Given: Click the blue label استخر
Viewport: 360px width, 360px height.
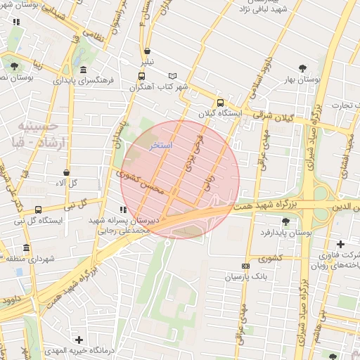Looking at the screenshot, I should coord(162,145).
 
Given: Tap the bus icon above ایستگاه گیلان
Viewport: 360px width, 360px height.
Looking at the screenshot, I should coord(220,102).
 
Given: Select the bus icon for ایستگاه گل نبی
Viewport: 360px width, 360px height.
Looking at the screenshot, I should coord(38,209).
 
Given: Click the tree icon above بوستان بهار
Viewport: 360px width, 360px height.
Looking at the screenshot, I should coord(302,68).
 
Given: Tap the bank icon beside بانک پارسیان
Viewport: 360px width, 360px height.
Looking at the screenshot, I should coord(245,266).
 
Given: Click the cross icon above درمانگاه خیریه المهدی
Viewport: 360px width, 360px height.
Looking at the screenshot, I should coord(79,340).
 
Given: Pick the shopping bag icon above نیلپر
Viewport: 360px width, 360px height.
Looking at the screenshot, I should coord(147,51).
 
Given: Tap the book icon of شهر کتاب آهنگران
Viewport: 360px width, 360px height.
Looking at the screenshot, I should coord(173,76).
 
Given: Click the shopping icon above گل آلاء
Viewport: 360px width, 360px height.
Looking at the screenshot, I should coord(66,172).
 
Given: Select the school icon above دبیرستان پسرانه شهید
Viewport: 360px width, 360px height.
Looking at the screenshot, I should coord(123,210).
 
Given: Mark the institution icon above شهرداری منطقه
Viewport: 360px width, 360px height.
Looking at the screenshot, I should coord(27,248).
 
